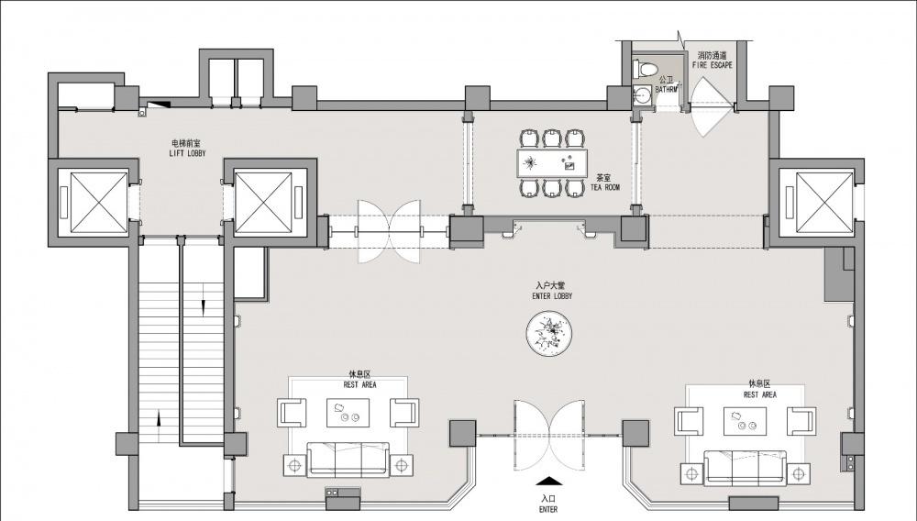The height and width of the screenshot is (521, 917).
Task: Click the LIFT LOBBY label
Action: (188, 153)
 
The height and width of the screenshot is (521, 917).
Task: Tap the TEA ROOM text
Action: (604, 187)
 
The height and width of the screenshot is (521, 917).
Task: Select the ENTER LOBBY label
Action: (552, 296)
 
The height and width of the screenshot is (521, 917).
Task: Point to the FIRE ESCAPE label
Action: (712, 65)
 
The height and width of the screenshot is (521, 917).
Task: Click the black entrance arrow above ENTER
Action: (549, 482)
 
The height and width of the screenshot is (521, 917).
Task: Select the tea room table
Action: (552, 163)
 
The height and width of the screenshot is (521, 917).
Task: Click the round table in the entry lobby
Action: (549, 334)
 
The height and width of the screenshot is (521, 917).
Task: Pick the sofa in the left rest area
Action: (348, 459)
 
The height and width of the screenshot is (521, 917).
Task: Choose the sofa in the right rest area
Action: (745, 467)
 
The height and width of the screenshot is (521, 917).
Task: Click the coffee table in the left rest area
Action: (348, 413)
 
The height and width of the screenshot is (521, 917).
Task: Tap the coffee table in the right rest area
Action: (745, 421)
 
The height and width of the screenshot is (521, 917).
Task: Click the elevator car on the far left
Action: (99, 202)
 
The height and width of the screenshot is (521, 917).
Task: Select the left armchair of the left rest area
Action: (292, 412)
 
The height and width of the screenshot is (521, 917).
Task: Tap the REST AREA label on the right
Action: (759, 394)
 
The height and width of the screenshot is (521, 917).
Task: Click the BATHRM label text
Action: (666, 90)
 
